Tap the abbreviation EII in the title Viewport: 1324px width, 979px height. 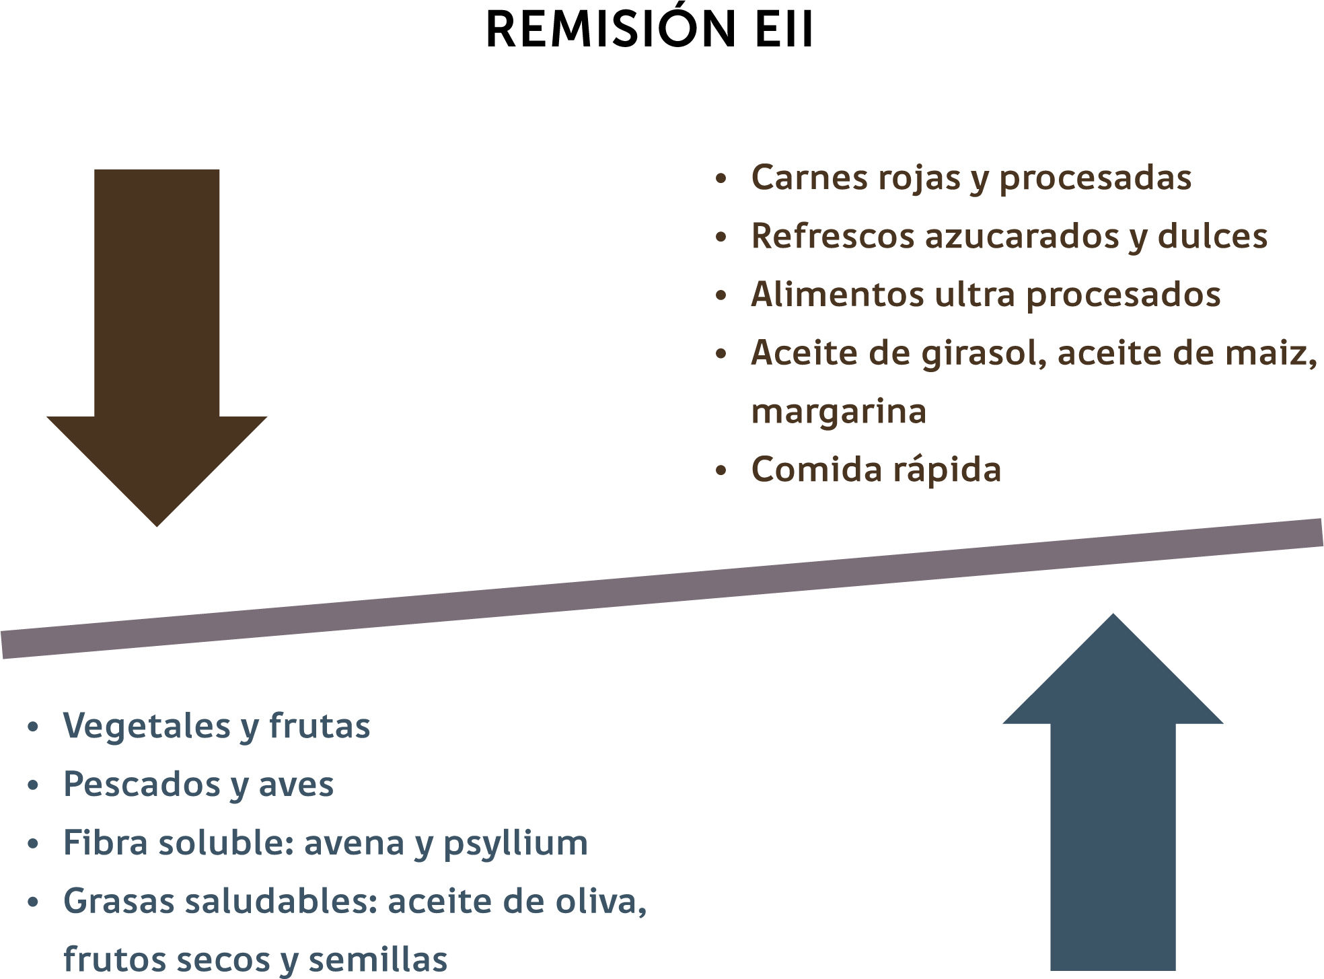click(784, 30)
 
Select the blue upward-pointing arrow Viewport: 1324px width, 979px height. click(1113, 794)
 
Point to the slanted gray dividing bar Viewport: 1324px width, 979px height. click(662, 589)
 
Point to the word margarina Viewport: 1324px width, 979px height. click(838, 412)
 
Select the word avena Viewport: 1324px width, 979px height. click(354, 844)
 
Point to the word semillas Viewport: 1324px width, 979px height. click(377, 959)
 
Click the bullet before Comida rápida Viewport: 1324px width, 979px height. click(721, 471)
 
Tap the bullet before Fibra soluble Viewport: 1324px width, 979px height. click(33, 844)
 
